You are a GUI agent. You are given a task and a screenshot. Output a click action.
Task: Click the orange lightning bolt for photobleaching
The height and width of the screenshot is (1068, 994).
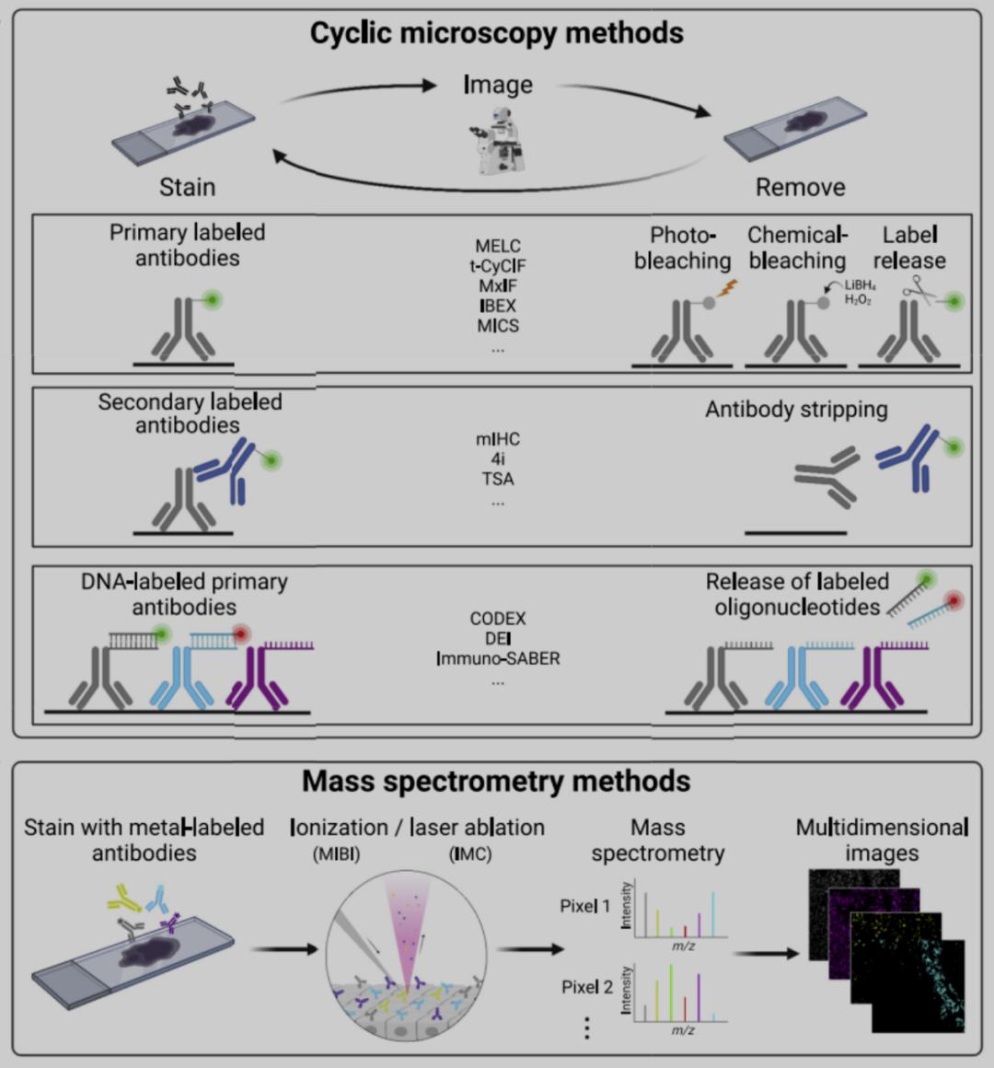(x=727, y=288)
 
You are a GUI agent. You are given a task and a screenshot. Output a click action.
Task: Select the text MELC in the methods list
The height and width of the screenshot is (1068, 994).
(x=498, y=246)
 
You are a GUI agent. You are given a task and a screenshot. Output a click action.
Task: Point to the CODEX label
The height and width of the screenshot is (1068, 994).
(x=498, y=618)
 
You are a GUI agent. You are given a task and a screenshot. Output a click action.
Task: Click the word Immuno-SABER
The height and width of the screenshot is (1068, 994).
(x=498, y=658)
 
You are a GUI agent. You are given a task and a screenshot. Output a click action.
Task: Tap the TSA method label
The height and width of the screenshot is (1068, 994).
(x=498, y=479)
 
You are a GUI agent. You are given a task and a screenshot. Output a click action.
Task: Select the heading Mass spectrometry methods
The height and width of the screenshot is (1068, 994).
(x=496, y=782)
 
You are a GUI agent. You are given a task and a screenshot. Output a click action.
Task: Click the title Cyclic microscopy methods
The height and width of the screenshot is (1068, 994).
(x=496, y=33)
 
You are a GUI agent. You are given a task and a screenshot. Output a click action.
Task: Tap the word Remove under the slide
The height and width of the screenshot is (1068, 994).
(x=800, y=188)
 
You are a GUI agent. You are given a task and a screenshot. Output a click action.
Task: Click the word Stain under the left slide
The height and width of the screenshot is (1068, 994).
(x=187, y=188)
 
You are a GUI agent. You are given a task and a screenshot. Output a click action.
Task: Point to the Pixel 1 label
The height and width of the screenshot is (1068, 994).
(x=584, y=906)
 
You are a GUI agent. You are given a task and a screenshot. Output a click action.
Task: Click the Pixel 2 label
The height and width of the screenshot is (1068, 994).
(x=586, y=987)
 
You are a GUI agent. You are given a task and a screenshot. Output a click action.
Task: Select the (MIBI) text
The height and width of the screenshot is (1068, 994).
(x=336, y=854)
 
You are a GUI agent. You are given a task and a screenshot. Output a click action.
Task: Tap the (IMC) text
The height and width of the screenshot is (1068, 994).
(x=470, y=854)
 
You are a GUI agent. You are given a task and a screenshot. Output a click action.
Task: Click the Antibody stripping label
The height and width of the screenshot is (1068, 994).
(x=796, y=410)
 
